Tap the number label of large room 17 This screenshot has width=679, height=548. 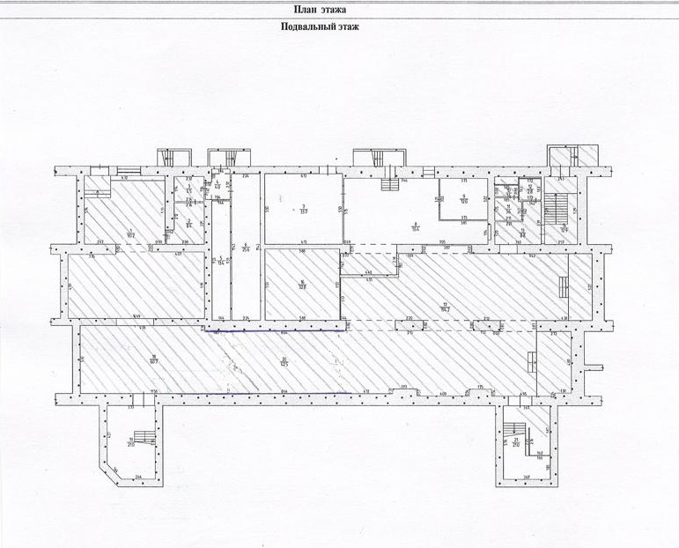coord(444,305)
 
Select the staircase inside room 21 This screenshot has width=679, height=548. coord(516,431)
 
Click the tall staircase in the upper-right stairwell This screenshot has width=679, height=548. coord(556,210)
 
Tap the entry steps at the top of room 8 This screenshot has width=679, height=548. coord(387,184)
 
